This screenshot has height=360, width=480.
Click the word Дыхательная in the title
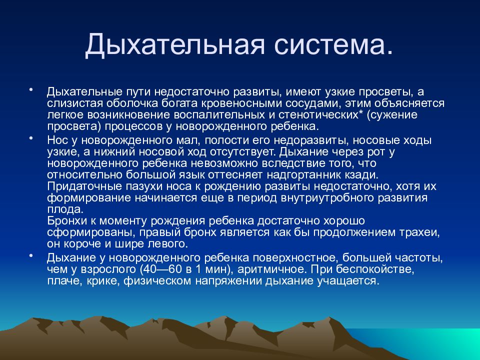174,45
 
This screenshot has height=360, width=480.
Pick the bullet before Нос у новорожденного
30,138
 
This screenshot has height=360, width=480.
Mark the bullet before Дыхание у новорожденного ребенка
30,255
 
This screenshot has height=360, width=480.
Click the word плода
65,209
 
